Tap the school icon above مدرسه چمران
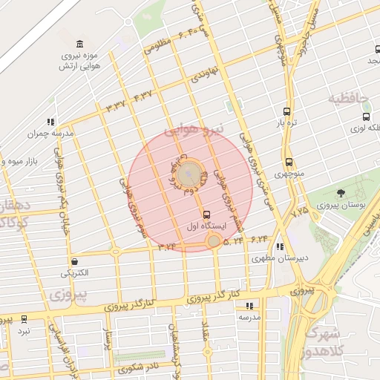[x=50, y=122]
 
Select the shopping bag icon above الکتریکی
[x=75, y=261]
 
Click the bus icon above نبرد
[x=24, y=318]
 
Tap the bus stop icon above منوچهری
[x=289, y=163]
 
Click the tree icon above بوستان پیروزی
[x=341, y=194]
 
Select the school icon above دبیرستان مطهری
[x=279, y=247]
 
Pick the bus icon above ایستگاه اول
[x=206, y=209]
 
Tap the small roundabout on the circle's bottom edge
[x=214, y=241]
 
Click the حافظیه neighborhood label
[x=348, y=98]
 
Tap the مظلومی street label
[x=158, y=45]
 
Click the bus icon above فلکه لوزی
[x=366, y=117]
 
